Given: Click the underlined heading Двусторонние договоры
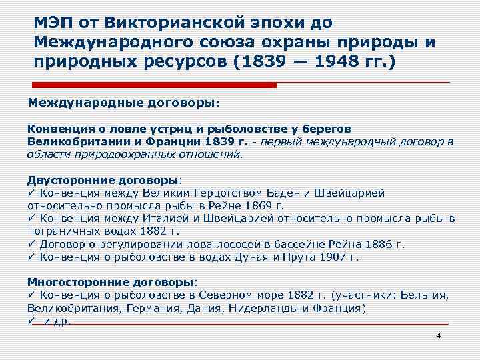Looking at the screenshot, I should (103, 179).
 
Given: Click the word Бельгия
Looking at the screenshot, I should (427, 295).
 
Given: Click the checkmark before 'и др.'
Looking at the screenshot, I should (31, 321).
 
